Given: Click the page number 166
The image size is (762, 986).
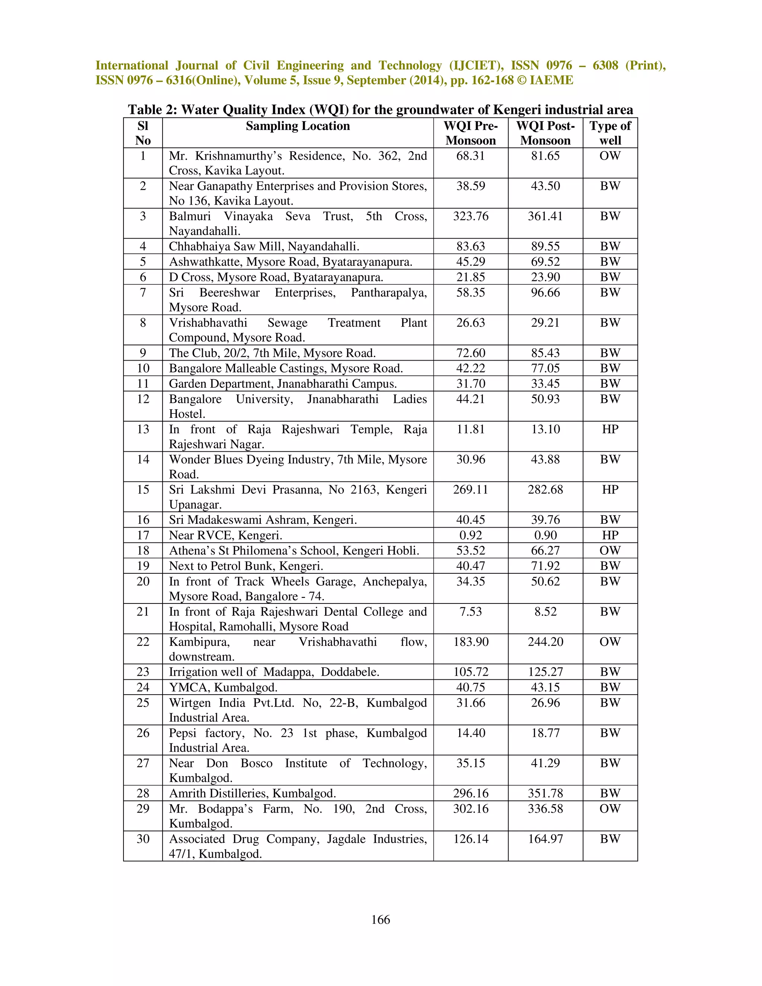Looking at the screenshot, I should click(381, 920).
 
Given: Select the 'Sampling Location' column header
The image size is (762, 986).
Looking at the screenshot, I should click(298, 126).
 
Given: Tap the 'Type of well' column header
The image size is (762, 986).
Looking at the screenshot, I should click(610, 133).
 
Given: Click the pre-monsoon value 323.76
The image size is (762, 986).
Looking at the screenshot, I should click(470, 216).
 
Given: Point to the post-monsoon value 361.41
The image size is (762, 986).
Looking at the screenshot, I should click(545, 216).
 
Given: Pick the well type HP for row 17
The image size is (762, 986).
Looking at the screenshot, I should click(610, 535).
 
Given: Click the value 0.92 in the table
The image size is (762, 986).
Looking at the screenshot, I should click(470, 535).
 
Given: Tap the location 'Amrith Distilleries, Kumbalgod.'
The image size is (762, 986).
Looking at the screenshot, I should click(252, 793).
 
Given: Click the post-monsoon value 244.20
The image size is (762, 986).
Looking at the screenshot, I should click(545, 641).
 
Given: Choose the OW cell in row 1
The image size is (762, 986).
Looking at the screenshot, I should click(610, 156).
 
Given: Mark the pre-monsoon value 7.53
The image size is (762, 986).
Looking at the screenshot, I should click(470, 611).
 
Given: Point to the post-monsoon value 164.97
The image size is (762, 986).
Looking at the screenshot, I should click(545, 839).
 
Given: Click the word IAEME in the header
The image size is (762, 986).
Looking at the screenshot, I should click(551, 80).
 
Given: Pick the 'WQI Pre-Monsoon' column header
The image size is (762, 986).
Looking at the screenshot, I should click(470, 133).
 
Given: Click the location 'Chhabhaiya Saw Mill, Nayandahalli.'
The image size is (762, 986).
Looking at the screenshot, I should click(264, 246).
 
